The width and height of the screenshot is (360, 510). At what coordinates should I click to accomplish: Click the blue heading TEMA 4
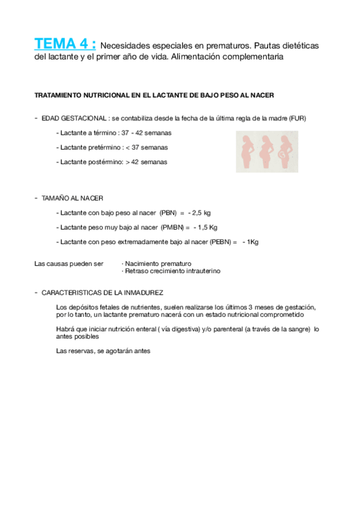point(65,44)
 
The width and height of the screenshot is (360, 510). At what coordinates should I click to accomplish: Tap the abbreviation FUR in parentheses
point(296,118)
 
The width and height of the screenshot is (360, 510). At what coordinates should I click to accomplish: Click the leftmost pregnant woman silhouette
point(247,152)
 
